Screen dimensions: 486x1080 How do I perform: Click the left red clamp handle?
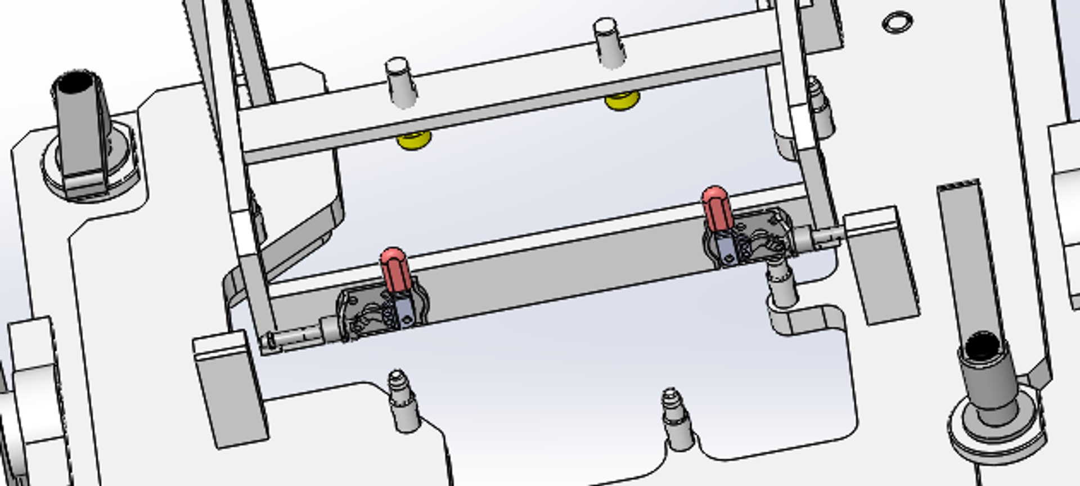click(393, 270)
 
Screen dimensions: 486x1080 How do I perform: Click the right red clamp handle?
click(717, 208)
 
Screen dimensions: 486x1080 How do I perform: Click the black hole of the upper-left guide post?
click(76, 83)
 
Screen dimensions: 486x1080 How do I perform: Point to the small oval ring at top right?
click(897, 22)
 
